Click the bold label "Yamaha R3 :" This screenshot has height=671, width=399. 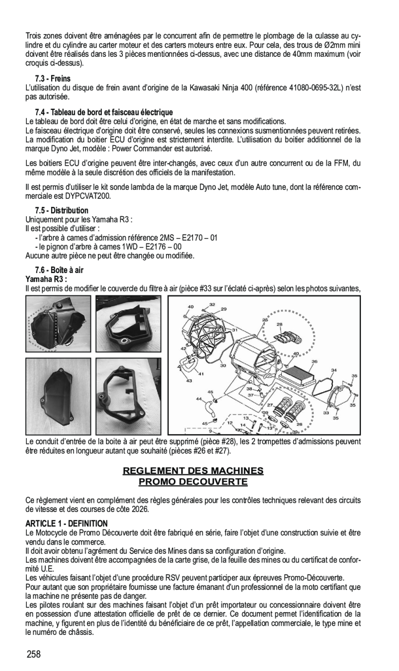pos(47,279)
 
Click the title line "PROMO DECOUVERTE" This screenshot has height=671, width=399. pos(193,482)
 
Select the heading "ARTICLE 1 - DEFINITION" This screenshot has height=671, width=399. pos(67,523)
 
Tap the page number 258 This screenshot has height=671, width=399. pos(34,654)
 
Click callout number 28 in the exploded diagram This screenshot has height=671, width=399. pos(279,325)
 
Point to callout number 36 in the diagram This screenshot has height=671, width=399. pos(314,362)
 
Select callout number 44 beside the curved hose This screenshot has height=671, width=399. pos(199,398)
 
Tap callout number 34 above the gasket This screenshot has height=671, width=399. pos(334,370)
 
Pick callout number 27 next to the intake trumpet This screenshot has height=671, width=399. pos(269,405)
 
